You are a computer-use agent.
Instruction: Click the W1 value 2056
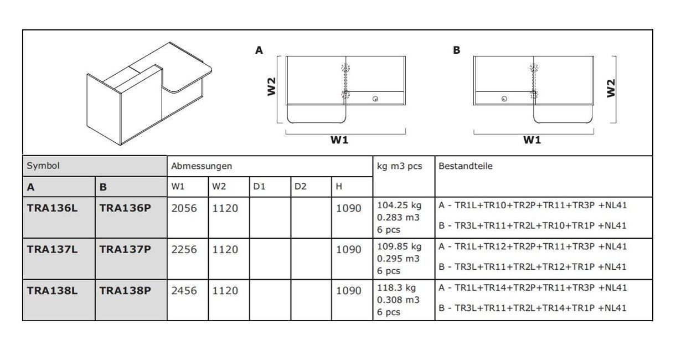(184, 208)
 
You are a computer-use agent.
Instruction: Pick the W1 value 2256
(184, 249)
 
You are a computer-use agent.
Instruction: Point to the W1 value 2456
(184, 291)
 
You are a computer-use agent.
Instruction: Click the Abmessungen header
(202, 166)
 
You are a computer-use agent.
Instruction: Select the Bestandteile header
(466, 166)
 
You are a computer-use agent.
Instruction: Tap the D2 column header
(301, 187)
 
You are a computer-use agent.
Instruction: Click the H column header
(339, 187)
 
